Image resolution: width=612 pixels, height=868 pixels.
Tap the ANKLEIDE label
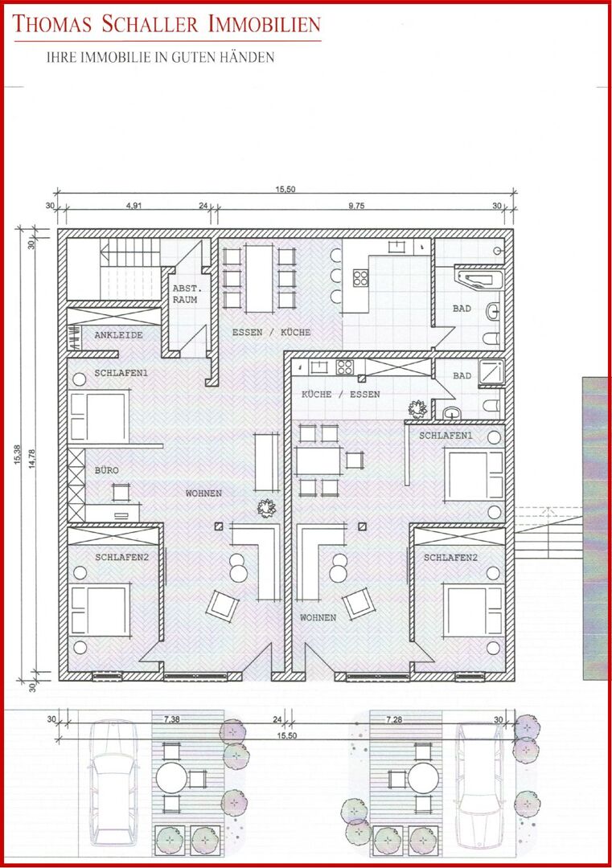[118, 335]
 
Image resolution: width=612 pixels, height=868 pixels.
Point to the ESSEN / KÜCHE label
[270, 332]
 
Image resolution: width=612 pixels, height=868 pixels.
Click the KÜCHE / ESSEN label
[340, 395]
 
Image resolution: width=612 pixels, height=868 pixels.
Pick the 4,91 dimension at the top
[133, 206]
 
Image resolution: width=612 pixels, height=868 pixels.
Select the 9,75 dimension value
[356, 206]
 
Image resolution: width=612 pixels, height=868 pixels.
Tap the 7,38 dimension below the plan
[172, 719]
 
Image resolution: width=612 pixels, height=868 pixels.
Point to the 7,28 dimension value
[395, 719]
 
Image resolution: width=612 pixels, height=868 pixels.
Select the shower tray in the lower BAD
[491, 371]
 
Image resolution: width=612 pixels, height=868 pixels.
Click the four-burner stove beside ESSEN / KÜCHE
[360, 278]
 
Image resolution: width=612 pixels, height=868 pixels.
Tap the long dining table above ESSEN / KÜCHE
[260, 277]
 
